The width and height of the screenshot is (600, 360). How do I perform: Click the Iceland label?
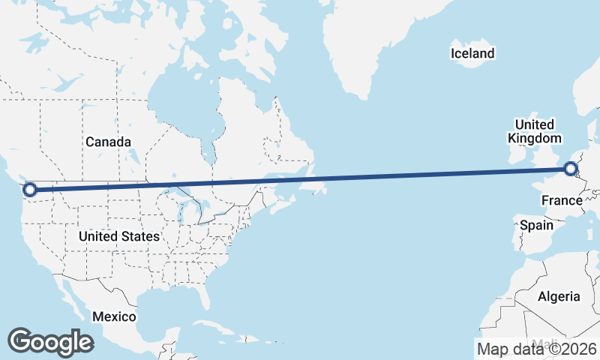[x=472, y=53]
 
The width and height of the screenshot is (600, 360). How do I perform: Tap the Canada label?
[x=108, y=142]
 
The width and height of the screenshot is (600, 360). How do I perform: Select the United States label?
[x=119, y=236]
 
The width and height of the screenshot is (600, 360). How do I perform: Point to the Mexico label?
[x=114, y=316]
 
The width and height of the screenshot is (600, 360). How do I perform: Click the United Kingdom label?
[x=534, y=131]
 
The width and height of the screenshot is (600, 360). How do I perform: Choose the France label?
[x=562, y=200]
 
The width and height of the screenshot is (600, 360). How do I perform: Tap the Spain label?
[x=536, y=225]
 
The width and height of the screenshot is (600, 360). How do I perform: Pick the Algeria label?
[x=559, y=296]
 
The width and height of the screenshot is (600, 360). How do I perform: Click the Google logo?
[x=50, y=341]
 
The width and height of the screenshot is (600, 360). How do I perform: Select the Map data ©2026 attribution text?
[x=536, y=349]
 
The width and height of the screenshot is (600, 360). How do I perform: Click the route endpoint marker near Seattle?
[x=30, y=190]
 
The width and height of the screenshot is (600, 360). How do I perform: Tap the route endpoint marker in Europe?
[x=571, y=169]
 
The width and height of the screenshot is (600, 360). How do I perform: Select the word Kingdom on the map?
[x=534, y=139]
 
